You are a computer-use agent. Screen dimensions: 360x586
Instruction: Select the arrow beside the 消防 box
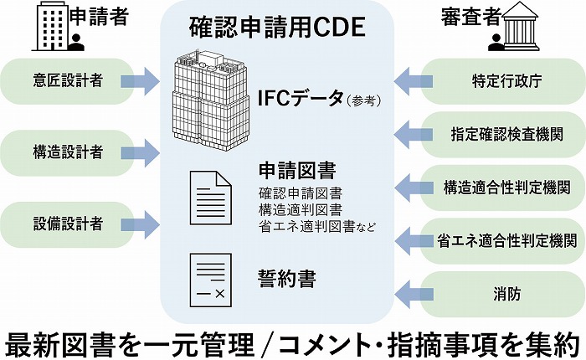pyautogui.click(x=409, y=292)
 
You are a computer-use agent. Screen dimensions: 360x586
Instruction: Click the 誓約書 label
pyautogui.click(x=286, y=278)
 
